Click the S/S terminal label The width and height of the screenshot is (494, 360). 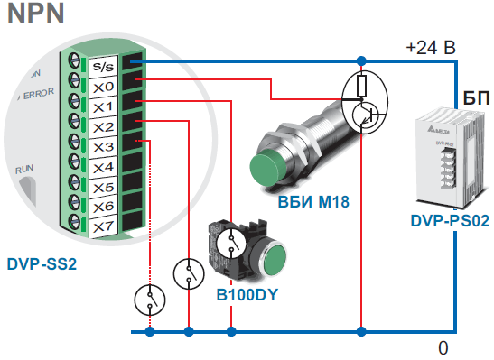tap(102, 66)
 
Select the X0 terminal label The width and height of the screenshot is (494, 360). tap(102, 87)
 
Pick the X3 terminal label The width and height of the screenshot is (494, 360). tap(102, 147)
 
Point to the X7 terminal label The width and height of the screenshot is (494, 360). tap(102, 227)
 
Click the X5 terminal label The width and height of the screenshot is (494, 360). tap(102, 188)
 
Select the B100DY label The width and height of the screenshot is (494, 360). tap(247, 294)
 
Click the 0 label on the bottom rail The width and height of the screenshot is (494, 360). tap(443, 347)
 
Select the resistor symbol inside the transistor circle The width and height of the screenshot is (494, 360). tap(361, 86)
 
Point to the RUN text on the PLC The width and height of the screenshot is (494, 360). tap(23, 169)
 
